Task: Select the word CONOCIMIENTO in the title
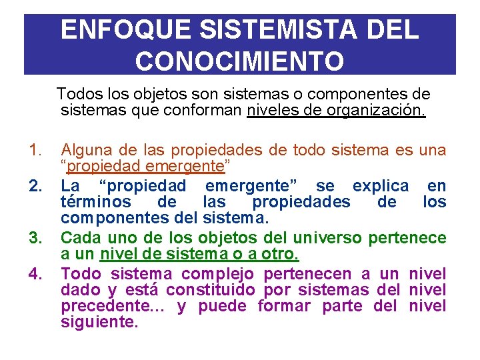pos(240,61)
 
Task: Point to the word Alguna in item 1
pos(84,151)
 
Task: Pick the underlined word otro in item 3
pos(283,254)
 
